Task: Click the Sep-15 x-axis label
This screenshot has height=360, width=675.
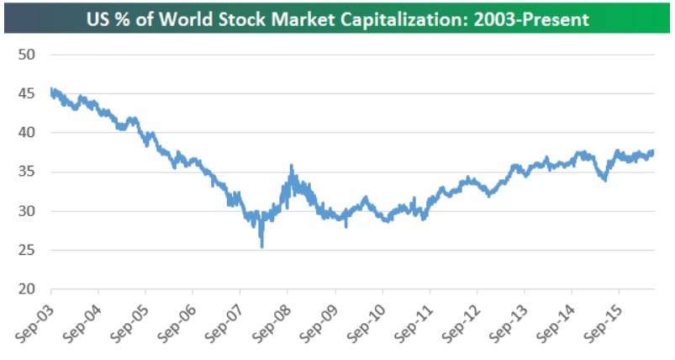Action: [x=600, y=323]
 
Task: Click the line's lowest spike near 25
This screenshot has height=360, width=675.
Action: [x=262, y=246]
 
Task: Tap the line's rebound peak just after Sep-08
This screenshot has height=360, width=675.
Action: [x=291, y=167]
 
